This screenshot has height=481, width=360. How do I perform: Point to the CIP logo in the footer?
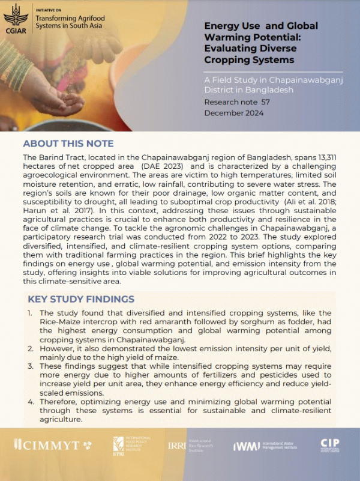tap(329, 445)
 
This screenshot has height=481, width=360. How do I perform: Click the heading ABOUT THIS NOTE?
tap(68, 144)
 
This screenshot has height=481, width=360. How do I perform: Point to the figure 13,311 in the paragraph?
tap(325, 157)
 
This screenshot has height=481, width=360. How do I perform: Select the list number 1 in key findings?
tap(30, 313)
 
